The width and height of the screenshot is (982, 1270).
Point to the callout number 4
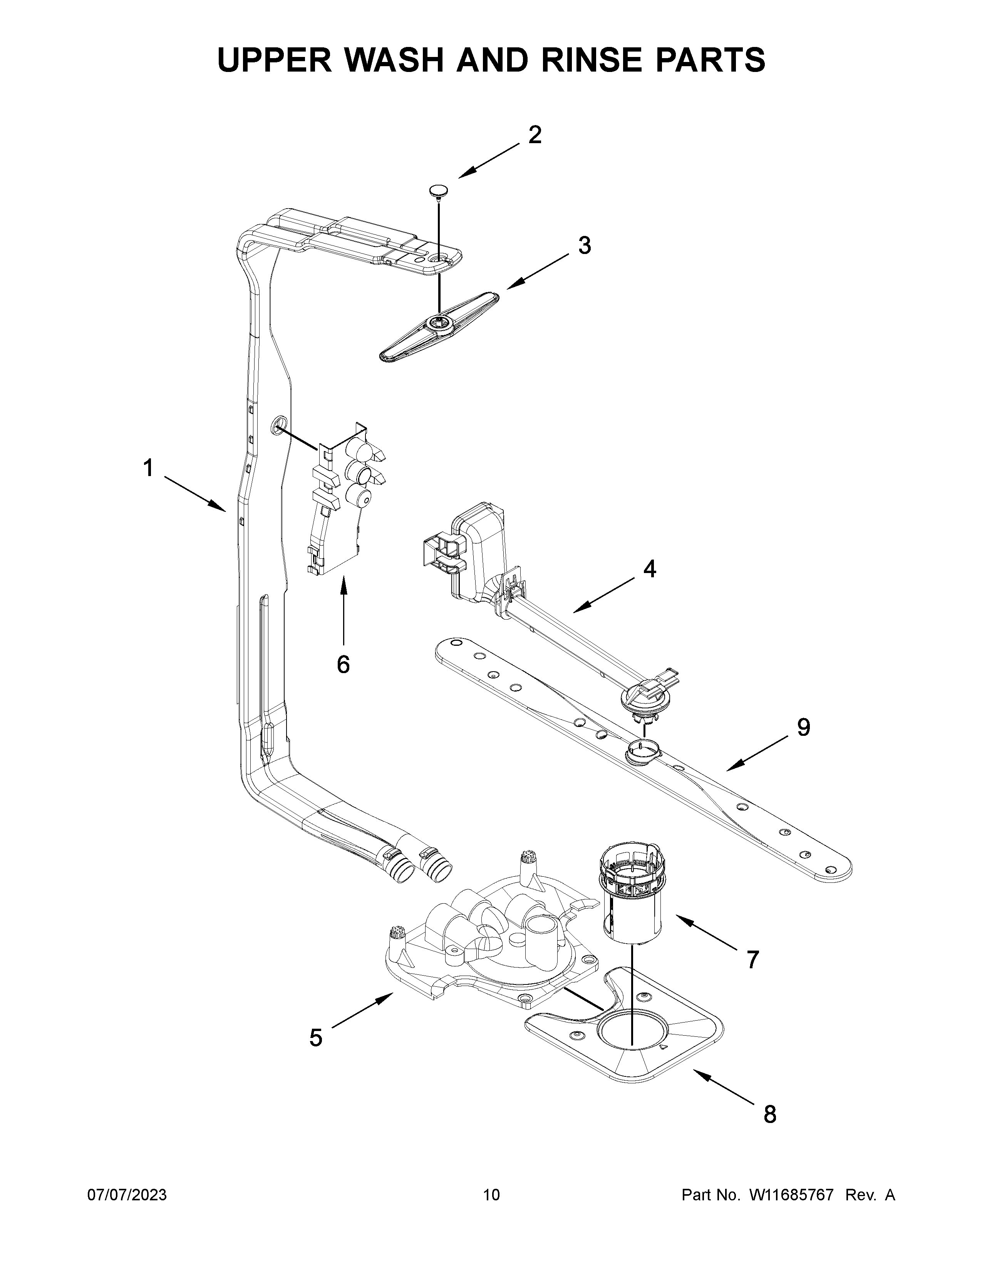point(649,569)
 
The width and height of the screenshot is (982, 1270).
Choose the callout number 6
point(343,664)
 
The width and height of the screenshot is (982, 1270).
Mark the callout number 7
point(752,959)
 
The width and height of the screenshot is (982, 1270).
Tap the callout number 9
point(803,727)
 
